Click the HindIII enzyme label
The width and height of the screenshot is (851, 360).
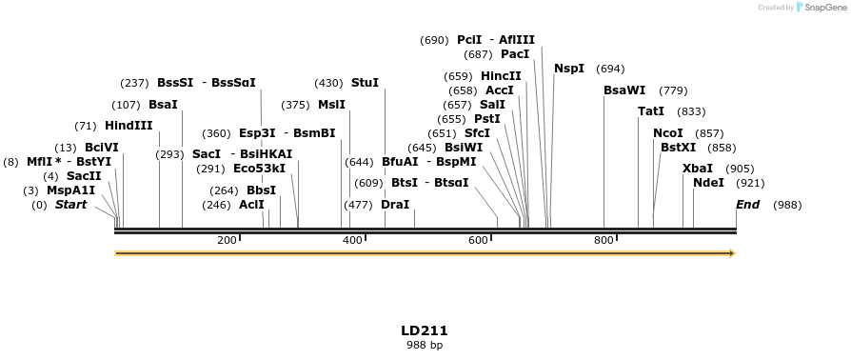pyautogui.click(x=129, y=126)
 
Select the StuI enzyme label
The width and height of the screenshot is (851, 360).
pyautogui.click(x=365, y=83)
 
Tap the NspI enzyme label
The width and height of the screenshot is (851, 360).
pyautogui.click(x=569, y=69)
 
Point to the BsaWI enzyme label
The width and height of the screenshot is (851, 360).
pyautogui.click(x=624, y=90)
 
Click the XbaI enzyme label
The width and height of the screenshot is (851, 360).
pyautogui.click(x=698, y=169)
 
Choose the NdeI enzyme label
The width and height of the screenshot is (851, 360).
pyautogui.click(x=708, y=183)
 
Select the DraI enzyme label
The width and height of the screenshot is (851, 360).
pyautogui.click(x=395, y=205)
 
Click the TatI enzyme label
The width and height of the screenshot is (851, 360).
pyautogui.click(x=651, y=111)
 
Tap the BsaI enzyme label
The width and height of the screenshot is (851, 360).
pyautogui.click(x=163, y=105)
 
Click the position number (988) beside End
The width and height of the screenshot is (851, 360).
pyautogui.click(x=787, y=205)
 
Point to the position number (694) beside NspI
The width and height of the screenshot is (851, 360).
pyautogui.click(x=610, y=69)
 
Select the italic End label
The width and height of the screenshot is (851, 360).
pyautogui.click(x=748, y=205)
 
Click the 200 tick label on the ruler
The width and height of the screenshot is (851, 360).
pyautogui.click(x=227, y=240)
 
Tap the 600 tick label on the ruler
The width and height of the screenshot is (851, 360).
pyautogui.click(x=478, y=240)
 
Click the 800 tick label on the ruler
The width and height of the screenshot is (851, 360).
pyautogui.click(x=604, y=240)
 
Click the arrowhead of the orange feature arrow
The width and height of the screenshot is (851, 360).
pyautogui.click(x=732, y=253)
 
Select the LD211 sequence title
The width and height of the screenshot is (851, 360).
pyautogui.click(x=425, y=330)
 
